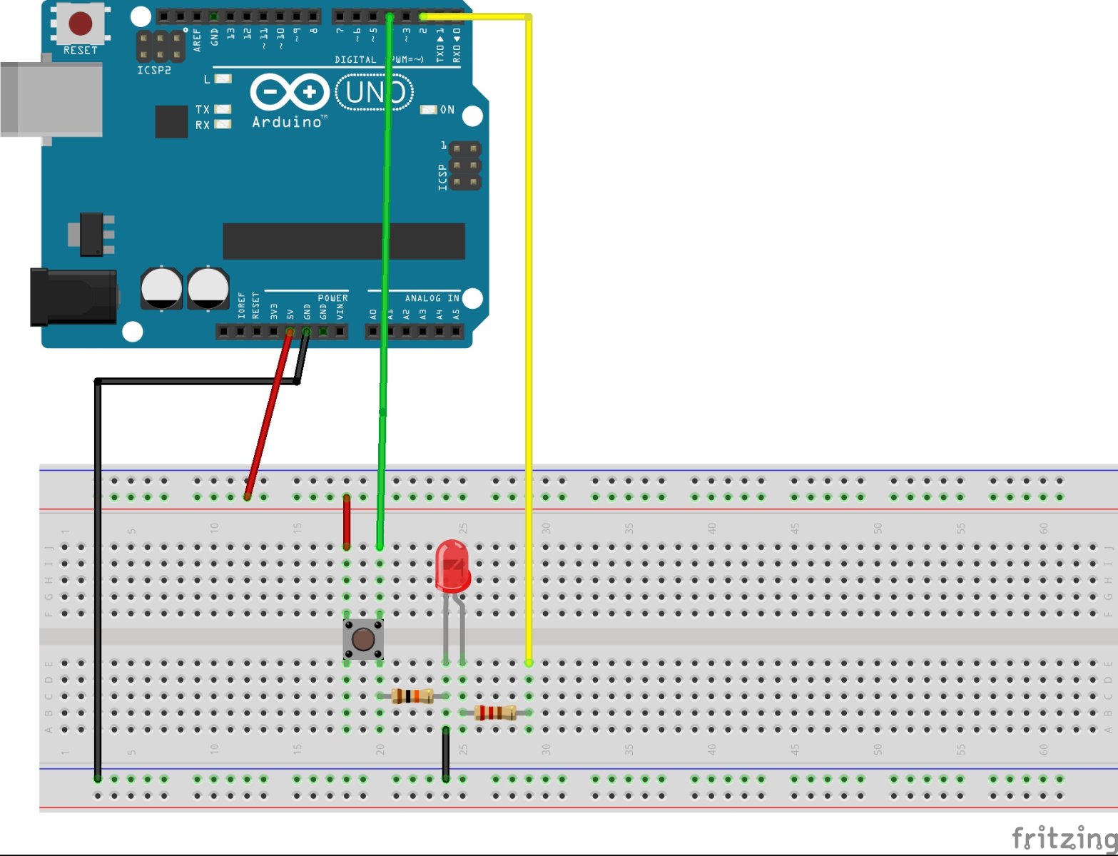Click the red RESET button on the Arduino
[x=80, y=23]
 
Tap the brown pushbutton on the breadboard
[x=363, y=639]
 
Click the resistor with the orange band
[x=412, y=696]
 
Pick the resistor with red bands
[x=495, y=712]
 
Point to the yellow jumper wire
[x=529, y=357]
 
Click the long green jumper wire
[x=385, y=285]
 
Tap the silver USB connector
[x=50, y=99]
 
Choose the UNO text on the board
[x=375, y=93]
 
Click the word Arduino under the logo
[x=287, y=122]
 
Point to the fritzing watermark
[x=1063, y=837]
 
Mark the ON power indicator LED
[x=428, y=110]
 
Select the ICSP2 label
[x=154, y=71]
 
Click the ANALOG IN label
[x=432, y=298]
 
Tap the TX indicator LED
[x=223, y=109]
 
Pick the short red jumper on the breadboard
[x=347, y=521]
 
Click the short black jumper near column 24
[x=446, y=753]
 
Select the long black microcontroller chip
[x=343, y=241]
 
